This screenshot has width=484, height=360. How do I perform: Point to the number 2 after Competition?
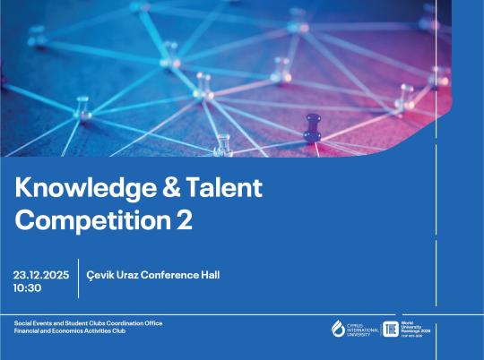184,220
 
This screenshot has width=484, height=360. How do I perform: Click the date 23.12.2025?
41,275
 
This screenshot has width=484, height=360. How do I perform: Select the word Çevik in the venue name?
101,275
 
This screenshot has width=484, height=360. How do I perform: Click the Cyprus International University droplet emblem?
338,329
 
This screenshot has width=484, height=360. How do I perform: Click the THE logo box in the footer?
390,329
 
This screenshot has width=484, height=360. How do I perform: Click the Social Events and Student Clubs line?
88,322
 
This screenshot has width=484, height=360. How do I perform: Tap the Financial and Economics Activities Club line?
72,330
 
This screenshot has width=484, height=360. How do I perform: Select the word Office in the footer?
151,322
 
